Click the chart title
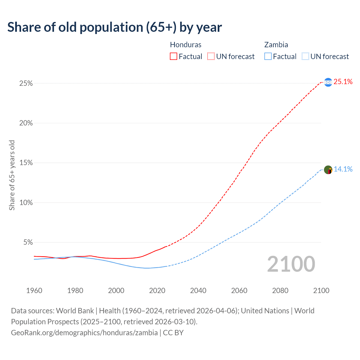click(x=114, y=27)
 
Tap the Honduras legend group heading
click(x=186, y=45)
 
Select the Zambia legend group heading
click(x=276, y=45)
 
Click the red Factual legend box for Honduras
click(x=174, y=57)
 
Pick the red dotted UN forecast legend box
click(x=211, y=57)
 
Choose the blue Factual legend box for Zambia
click(x=268, y=57)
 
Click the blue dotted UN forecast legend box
click(x=305, y=57)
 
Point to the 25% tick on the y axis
click(x=26, y=84)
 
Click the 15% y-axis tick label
click(x=26, y=163)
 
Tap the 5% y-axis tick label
click(x=28, y=242)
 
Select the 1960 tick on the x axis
click(x=34, y=291)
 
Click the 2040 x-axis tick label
click(x=198, y=291)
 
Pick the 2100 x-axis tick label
click(x=321, y=291)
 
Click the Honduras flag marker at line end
click(x=328, y=82)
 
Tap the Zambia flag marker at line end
click(x=328, y=170)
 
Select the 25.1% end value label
click(x=343, y=82)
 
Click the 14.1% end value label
click(x=343, y=169)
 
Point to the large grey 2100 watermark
click(x=291, y=264)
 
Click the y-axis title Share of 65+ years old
click(x=12, y=175)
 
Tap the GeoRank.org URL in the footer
click(x=84, y=333)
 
